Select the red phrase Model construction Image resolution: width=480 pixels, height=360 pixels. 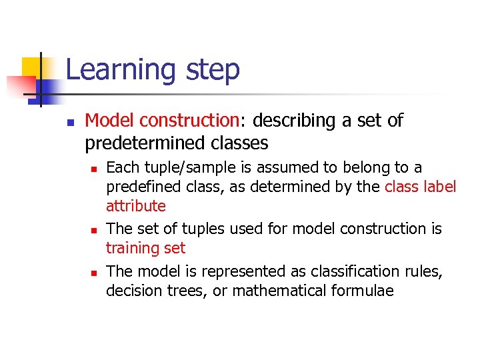pos(161,121)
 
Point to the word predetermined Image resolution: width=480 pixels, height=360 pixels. pos(138,143)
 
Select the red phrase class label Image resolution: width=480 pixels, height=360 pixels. pos(420,187)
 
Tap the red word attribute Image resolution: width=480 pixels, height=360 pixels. pos(136,206)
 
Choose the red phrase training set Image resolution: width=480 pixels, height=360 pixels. pos(146,248)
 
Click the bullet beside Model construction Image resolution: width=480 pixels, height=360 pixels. pos(69,122)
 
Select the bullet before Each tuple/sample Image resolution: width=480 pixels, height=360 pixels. pos(94,168)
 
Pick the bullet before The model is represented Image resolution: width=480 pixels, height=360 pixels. pos(94,272)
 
